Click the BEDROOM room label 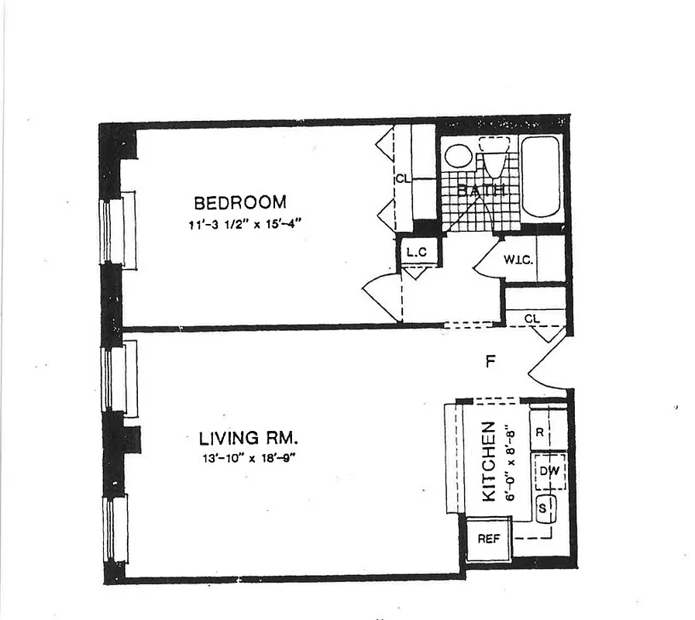(x=239, y=203)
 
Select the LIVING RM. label (x=243, y=439)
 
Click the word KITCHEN (x=489, y=462)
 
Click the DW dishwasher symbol (x=549, y=470)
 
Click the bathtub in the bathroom (x=540, y=177)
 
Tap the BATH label (x=480, y=190)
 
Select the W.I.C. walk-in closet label (x=518, y=259)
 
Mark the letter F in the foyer (x=490, y=360)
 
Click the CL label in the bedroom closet (x=401, y=178)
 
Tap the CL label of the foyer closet (x=532, y=319)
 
